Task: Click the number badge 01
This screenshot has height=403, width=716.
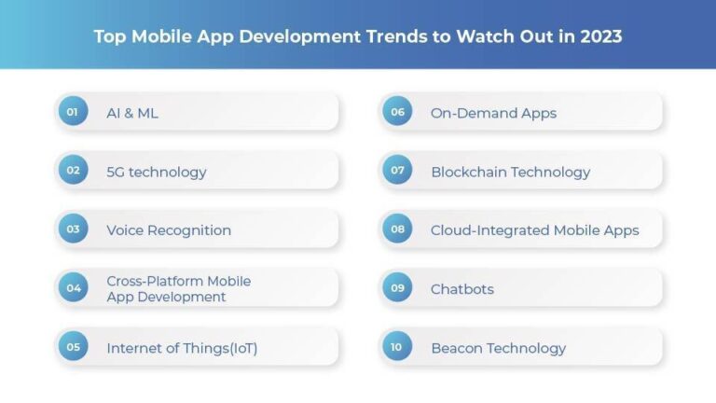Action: pos(73,112)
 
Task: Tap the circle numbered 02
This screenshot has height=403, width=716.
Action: pos(73,171)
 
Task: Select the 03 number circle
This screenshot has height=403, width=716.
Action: pos(73,229)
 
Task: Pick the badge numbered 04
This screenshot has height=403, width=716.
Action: pos(73,288)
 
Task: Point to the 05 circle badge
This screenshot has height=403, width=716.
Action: pos(73,347)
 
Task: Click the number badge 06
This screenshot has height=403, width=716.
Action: pos(397,112)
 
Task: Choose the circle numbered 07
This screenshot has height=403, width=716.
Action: pos(397,171)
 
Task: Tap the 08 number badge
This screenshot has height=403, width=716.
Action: pos(397,229)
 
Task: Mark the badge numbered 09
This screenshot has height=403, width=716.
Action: pos(397,288)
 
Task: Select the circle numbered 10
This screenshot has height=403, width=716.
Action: pos(397,347)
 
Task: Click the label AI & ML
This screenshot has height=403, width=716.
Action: pos(132,113)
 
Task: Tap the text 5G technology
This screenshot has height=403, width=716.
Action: pos(157,172)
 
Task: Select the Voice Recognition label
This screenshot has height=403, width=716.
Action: pos(169,230)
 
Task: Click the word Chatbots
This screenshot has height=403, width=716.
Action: pos(462,289)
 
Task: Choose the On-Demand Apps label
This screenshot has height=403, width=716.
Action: pos(493,113)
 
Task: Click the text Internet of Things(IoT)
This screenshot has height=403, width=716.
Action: pos(182,348)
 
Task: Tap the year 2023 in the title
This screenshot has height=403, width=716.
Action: pos(600,37)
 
